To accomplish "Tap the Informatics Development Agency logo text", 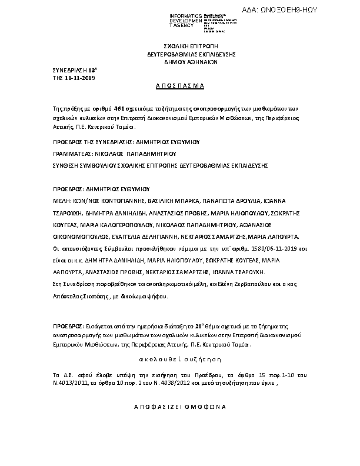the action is pos(185,22).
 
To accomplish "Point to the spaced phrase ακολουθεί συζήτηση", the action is pos(180,358).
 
